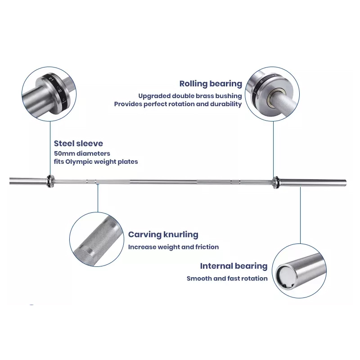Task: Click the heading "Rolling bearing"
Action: pos(211,84)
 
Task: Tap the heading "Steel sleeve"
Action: pos(78,144)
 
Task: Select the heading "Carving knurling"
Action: pos(163,234)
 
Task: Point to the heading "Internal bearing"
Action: pos(234,266)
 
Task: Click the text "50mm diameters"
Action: pos(82,153)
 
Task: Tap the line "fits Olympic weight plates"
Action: pos(96,162)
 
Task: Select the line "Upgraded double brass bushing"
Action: pos(190,96)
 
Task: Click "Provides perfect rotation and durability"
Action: pos(178,104)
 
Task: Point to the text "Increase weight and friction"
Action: pos(173,247)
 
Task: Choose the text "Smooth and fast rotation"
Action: pos(227,279)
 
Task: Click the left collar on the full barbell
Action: pos(50,181)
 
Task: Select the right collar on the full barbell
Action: pos(276,183)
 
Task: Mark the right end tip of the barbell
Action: pos(346,183)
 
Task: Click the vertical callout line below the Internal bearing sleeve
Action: pos(300,216)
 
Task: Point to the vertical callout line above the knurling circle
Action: pos(98,198)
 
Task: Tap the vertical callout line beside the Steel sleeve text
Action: pos(50,148)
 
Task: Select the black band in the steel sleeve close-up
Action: pos(58,91)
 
